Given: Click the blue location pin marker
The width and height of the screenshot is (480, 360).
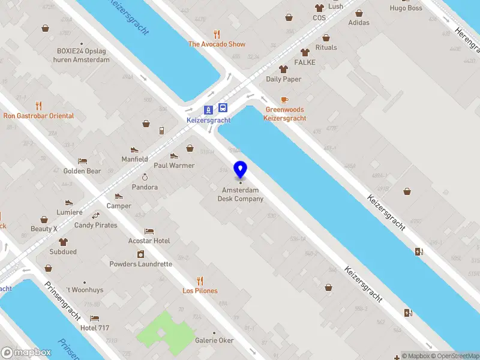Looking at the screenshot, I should tap(241, 170).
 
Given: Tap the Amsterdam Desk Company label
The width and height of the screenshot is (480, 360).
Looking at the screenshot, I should tap(241, 194).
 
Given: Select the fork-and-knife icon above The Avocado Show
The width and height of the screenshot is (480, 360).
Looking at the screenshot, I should tap(217, 35).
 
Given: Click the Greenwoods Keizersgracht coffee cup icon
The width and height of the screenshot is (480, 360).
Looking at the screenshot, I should tap(284, 100).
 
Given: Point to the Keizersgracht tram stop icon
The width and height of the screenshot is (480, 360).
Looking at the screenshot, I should tap(209, 109).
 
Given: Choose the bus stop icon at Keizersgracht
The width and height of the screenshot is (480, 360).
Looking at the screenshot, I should tap(223, 109).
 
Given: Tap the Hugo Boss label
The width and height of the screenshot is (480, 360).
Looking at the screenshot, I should tap(406, 8).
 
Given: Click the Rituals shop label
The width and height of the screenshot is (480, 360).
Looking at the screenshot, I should tap(326, 47).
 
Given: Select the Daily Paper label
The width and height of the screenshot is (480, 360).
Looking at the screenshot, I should tap(284, 79).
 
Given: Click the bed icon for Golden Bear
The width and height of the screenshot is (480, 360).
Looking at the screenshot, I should tap(83, 161).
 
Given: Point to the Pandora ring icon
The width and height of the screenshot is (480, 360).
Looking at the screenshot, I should tap(145, 178).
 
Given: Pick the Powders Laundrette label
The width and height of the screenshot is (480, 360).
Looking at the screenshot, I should tap(140, 264).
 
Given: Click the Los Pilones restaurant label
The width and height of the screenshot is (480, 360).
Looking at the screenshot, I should tap(200, 291).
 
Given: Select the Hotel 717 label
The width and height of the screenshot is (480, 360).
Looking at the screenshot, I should tap(95, 328).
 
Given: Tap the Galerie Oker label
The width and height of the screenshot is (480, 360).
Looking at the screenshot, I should tap(214, 340).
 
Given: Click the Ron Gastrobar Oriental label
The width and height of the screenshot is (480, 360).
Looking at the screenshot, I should tap(38, 116).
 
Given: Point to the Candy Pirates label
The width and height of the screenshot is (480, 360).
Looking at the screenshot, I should tap(96, 226).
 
